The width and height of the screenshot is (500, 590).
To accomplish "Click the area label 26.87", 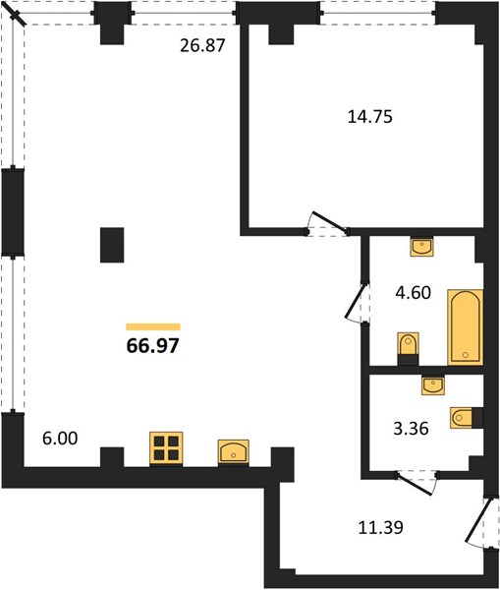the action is [x=202, y=45].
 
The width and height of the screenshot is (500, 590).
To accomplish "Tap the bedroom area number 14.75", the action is [x=370, y=117].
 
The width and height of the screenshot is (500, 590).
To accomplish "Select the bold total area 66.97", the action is [x=152, y=345].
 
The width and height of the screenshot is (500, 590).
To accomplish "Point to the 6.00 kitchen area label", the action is [x=60, y=439].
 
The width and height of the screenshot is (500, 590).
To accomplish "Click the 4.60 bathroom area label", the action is [x=413, y=293].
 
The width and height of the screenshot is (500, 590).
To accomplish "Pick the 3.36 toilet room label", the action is [x=411, y=429].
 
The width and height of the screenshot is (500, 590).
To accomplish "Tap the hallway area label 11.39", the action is [x=381, y=527].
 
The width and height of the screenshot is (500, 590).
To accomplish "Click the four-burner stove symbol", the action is [x=166, y=448].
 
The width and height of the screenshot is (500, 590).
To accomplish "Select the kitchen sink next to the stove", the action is [x=234, y=451].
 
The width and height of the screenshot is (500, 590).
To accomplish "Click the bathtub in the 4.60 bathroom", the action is [x=465, y=327].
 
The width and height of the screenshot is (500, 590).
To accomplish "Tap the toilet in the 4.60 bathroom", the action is [x=408, y=348].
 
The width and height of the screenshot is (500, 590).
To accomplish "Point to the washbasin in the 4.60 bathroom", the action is [x=421, y=247].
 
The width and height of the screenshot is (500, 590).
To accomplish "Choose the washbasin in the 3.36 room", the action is [x=433, y=384].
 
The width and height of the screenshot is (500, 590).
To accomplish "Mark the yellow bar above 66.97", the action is [x=153, y=326].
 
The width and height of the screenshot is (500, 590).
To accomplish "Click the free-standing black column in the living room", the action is [x=112, y=245].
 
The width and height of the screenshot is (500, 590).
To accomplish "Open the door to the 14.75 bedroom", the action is [x=328, y=223].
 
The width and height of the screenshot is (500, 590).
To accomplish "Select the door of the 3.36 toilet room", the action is [x=416, y=485].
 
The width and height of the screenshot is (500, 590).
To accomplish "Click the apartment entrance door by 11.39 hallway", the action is [x=477, y=521].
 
